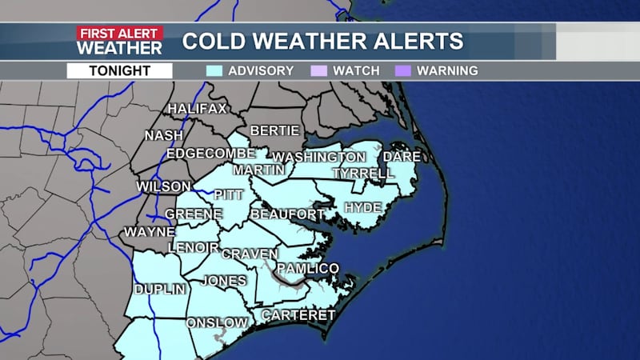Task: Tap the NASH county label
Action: point(164,136)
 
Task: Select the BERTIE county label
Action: point(274,130)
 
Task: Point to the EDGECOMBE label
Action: point(210,154)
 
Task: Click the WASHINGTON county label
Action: point(318,157)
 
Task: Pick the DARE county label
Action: point(397,157)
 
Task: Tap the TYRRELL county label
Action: point(362,174)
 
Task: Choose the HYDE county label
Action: point(362,208)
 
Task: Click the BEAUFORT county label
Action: point(288,214)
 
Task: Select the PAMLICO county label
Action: point(308,268)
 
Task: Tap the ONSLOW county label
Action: point(217,322)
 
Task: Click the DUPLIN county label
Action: point(160,289)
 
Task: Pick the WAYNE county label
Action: point(148,233)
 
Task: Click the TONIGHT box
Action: point(119,70)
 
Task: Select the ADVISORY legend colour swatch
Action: point(214,70)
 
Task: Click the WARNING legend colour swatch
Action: point(404,70)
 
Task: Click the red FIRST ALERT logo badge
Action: point(119,33)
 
